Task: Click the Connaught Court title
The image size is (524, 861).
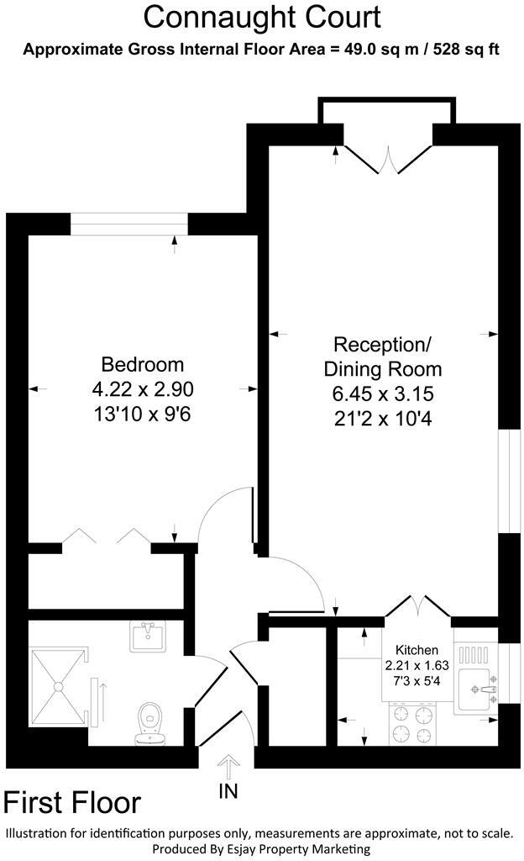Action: [x=262, y=17]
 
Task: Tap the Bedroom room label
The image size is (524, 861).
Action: [x=142, y=365]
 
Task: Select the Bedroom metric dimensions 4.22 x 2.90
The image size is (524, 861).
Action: [x=142, y=389]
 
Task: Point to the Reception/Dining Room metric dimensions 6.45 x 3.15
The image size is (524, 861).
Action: [x=382, y=393]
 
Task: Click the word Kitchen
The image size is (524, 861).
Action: [x=417, y=650]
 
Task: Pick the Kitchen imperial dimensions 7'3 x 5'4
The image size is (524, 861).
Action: [x=417, y=678]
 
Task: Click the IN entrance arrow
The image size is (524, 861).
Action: [x=228, y=767]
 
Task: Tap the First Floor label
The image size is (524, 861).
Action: [x=72, y=803]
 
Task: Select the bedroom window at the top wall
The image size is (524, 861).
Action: [x=128, y=224]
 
